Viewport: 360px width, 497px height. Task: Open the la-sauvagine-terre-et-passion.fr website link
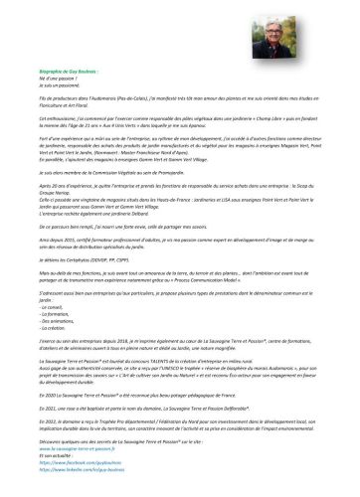pyautogui.click(x=110, y=462)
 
